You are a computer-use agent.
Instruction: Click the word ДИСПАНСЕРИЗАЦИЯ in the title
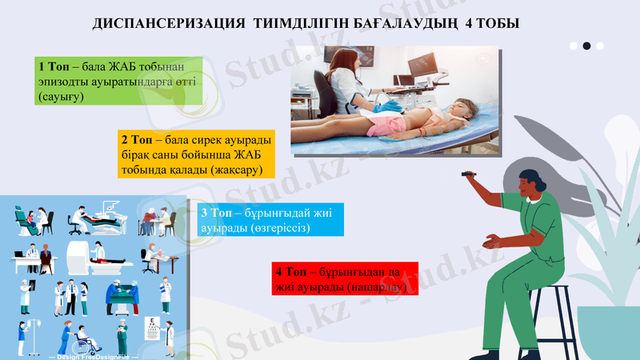162,25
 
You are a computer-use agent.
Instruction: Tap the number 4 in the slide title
468,25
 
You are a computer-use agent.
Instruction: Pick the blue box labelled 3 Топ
270,220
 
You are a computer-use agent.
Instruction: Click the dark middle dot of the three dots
586,46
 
